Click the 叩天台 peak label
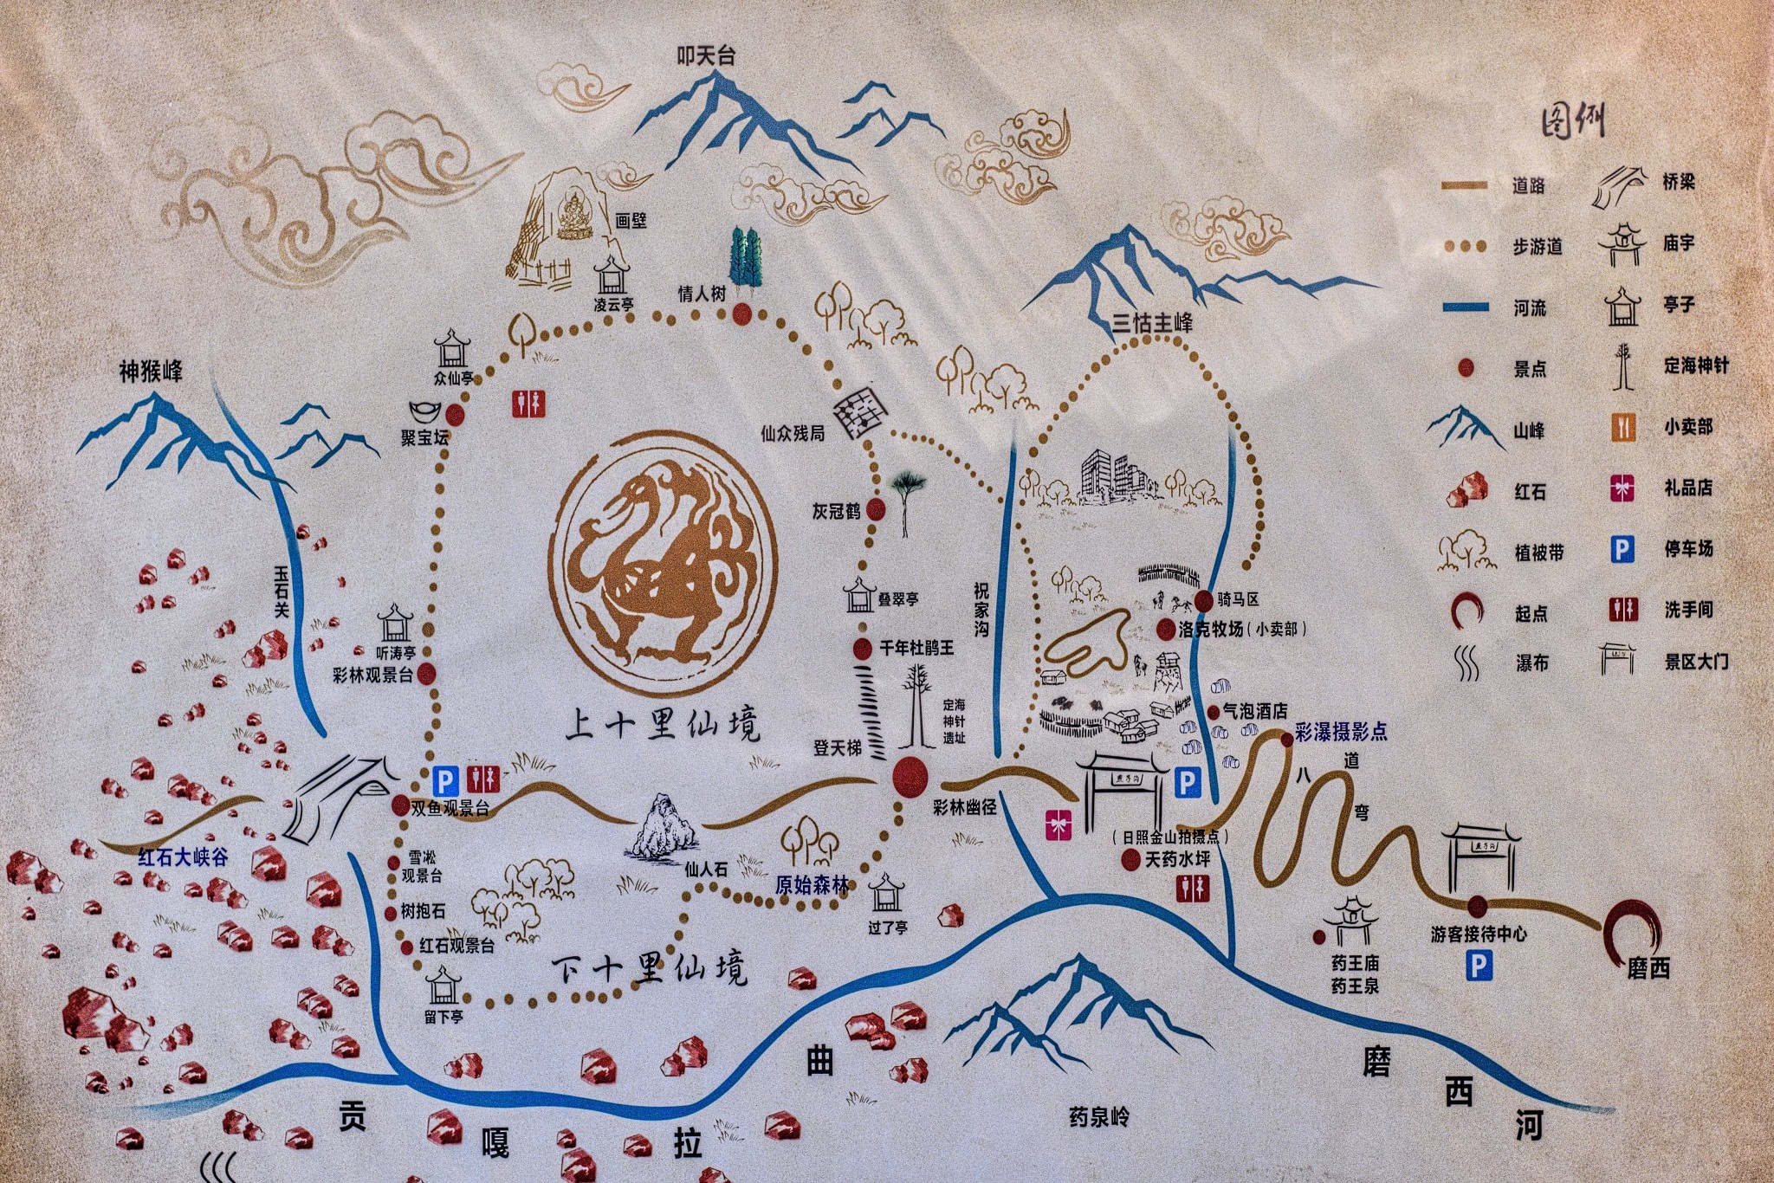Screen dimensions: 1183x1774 click(705, 56)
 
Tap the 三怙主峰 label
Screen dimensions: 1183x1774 click(1152, 323)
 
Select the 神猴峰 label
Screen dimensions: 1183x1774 click(151, 372)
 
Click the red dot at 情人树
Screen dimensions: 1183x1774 click(741, 314)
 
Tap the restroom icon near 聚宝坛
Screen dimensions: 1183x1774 click(528, 404)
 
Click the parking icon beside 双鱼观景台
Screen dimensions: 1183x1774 click(444, 780)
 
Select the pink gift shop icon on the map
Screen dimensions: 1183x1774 click(1056, 825)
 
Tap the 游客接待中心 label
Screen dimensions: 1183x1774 click(1479, 934)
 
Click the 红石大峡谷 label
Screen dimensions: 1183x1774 click(183, 857)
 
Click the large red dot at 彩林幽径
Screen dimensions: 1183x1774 click(910, 776)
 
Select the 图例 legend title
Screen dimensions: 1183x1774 click(1572, 122)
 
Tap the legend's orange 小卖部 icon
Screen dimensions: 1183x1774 click(1623, 427)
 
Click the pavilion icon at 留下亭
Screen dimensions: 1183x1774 click(443, 985)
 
